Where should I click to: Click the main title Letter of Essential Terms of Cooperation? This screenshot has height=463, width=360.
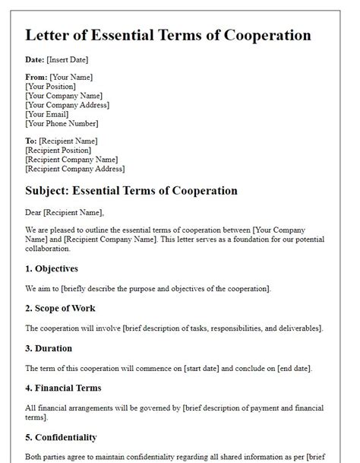pyautogui.click(x=168, y=36)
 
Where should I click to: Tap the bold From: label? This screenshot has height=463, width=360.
pyautogui.click(x=36, y=78)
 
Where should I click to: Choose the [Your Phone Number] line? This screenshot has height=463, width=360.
pyautogui.click(x=62, y=123)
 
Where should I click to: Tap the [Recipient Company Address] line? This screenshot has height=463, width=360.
pyautogui.click(x=75, y=169)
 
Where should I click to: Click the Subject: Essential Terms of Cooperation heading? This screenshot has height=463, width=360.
pyautogui.click(x=131, y=191)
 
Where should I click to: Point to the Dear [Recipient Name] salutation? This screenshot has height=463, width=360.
pyautogui.click(x=65, y=213)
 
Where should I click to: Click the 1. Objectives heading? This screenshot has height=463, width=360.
pyautogui.click(x=52, y=268)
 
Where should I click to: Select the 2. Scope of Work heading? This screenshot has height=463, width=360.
pyautogui.click(x=62, y=308)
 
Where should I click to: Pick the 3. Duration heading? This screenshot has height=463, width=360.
pyautogui.click(x=49, y=347)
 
